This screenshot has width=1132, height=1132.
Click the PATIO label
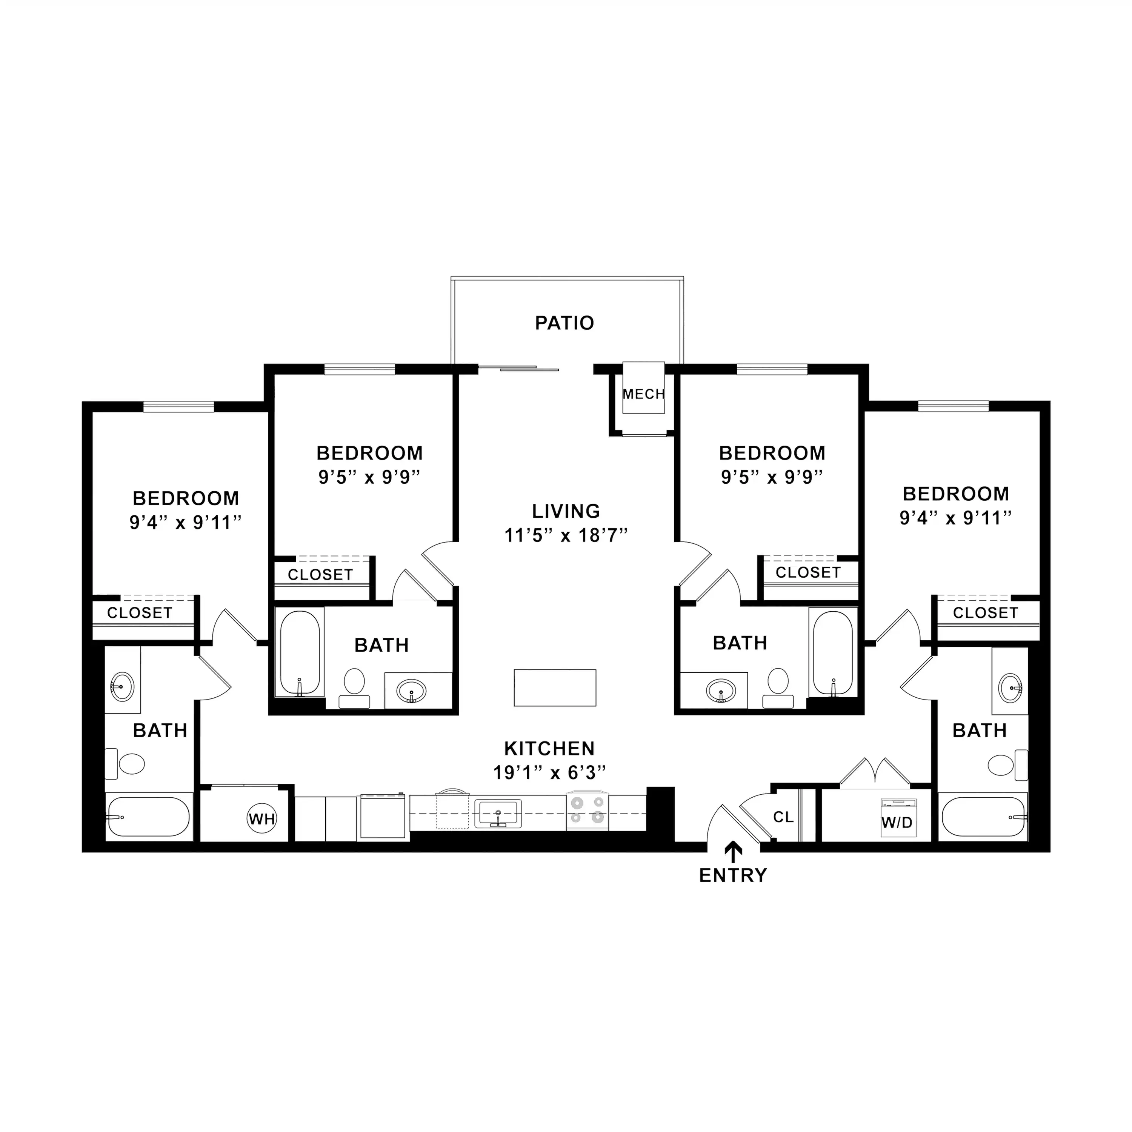click(x=564, y=323)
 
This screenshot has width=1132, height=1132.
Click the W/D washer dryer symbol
click(x=897, y=817)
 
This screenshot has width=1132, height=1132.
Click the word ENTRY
click(x=733, y=875)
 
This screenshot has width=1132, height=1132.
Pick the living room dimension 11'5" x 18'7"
click(x=566, y=535)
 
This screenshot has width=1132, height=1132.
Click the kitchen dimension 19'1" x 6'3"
click(x=549, y=773)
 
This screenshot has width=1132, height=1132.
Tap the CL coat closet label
click(x=783, y=817)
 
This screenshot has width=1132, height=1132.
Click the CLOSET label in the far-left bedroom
click(x=140, y=613)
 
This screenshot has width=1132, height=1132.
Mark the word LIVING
click(x=566, y=511)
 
